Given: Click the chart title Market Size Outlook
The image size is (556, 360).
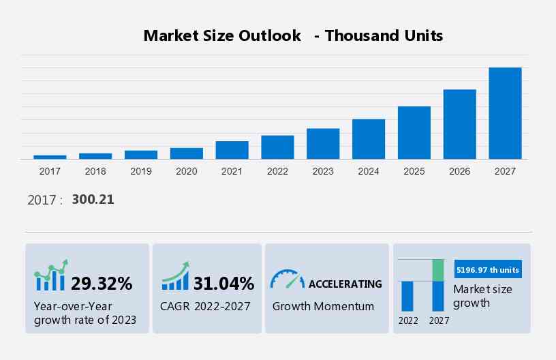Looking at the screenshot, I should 222,35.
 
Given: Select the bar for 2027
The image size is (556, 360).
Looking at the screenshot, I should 505,113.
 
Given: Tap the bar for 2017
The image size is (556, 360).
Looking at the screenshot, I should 50,157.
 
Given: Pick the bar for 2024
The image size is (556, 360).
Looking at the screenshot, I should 369,139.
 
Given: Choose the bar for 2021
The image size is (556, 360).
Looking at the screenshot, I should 232,150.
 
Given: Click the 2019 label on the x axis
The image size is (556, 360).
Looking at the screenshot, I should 141,171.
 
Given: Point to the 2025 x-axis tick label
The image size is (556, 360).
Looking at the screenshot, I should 414,171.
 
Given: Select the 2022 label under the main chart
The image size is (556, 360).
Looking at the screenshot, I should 277,171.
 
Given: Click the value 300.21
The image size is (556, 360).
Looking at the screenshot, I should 93,200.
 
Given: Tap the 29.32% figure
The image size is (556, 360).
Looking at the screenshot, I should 102,283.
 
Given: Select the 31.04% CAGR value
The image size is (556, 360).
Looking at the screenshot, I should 223,283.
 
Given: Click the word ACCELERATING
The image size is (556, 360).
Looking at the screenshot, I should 345,284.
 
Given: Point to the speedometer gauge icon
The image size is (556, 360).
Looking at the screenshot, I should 287,279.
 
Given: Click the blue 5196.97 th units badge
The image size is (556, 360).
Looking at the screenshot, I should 487,270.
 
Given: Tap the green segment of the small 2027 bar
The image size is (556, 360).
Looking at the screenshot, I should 438,270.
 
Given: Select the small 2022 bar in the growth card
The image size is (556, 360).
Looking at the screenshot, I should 407,296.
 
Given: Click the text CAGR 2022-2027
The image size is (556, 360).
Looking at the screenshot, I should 205,306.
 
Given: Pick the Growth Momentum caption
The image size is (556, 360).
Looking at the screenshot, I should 323,306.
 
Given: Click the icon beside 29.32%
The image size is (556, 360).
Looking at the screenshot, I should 51,275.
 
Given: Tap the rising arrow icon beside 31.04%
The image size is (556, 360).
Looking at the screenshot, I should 174,275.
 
